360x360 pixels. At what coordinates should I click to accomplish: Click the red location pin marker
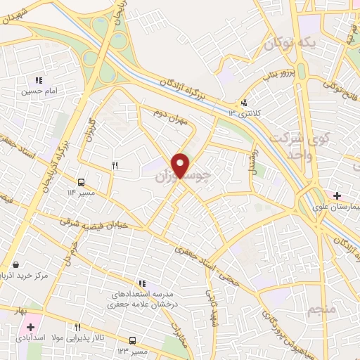tap(181, 165)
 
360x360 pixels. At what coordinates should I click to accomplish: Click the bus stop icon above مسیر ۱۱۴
tap(82, 181)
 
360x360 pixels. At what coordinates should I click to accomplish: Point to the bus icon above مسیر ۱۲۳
tap(132, 340)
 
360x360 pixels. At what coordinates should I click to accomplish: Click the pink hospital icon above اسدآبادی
tap(30, 327)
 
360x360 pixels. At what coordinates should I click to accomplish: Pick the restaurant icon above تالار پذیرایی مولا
tap(77, 327)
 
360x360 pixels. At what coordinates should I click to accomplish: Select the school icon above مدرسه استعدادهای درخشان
tap(142, 283)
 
